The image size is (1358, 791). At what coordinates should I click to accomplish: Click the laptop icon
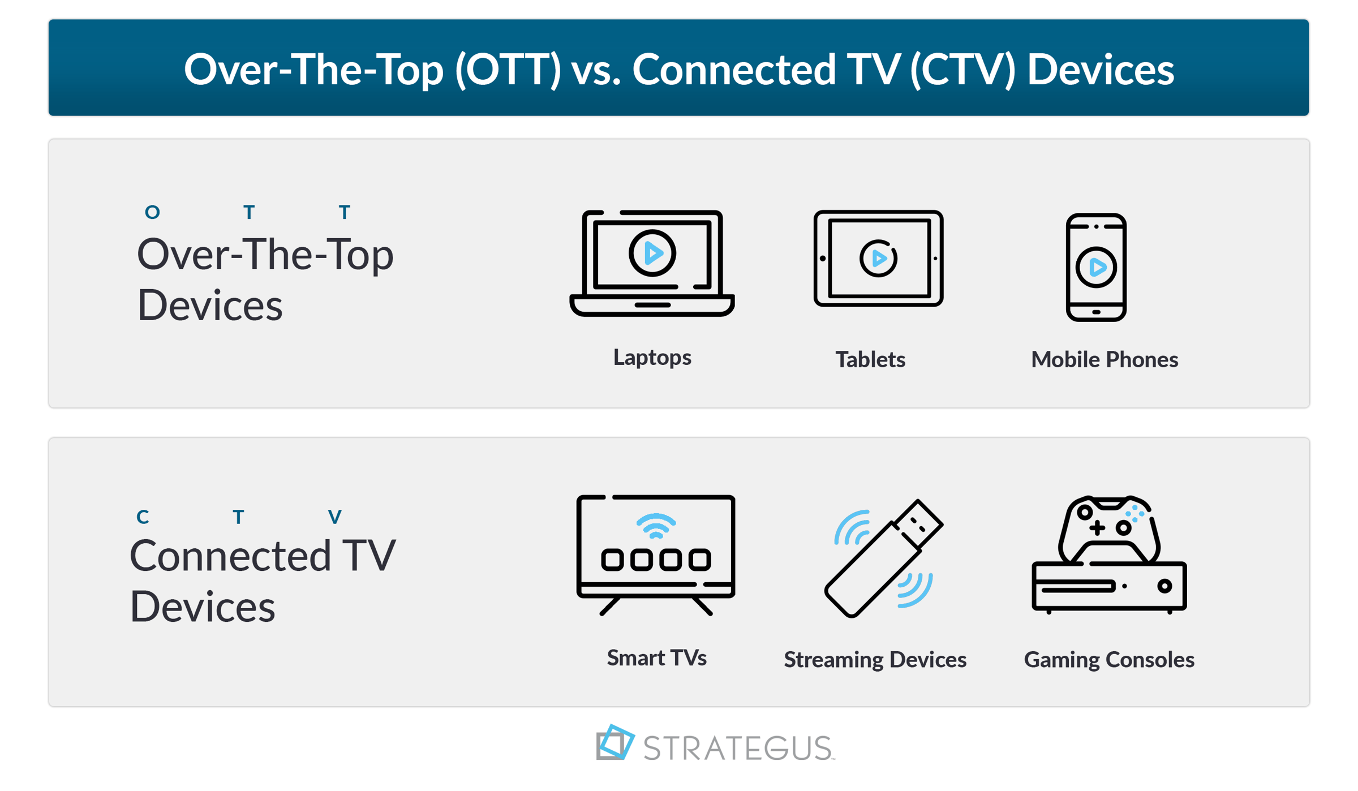tap(652, 264)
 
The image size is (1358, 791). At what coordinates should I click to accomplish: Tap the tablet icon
tap(878, 259)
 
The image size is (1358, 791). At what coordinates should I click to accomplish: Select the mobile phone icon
tap(1096, 267)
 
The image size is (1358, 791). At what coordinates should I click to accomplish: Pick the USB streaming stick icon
tap(883, 559)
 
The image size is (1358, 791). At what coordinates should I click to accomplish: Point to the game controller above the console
tap(1109, 529)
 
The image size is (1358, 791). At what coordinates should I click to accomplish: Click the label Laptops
tap(652, 358)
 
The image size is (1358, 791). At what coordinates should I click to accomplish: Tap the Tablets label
tap(870, 360)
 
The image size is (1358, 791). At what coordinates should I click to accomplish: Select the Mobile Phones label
tap(1105, 360)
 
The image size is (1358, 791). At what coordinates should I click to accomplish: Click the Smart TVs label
tap(656, 658)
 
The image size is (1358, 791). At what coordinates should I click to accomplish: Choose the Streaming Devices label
tap(875, 660)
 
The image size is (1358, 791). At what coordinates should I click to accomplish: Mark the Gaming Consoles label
tap(1109, 660)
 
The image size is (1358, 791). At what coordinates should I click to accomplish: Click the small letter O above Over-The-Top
tap(152, 213)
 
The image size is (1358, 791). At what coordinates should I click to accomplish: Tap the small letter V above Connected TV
tap(335, 517)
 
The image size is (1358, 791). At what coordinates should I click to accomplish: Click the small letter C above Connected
tap(143, 517)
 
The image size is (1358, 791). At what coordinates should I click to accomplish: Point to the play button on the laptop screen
tap(652, 253)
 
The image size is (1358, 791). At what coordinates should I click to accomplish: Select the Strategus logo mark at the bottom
tap(614, 742)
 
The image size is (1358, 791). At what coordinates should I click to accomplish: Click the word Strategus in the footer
tap(738, 748)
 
